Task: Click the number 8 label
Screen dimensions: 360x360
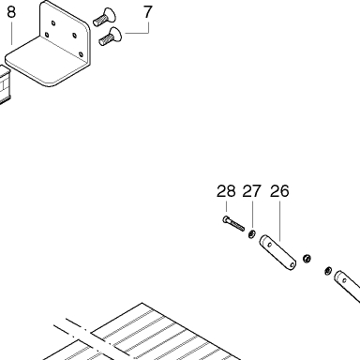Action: [x=11, y=12]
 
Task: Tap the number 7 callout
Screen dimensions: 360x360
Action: [x=147, y=12]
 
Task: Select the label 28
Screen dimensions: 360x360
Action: [x=226, y=191]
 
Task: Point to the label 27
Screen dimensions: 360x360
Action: [x=251, y=191]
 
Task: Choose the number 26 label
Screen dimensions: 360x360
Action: [x=279, y=191]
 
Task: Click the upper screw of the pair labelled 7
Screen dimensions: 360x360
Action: [x=105, y=17]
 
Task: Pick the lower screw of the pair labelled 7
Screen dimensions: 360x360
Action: [x=111, y=37]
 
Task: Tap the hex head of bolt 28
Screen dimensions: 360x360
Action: [x=226, y=219]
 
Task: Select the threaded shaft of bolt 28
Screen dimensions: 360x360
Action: [x=237, y=226]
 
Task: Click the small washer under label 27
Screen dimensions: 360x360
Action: [x=251, y=233]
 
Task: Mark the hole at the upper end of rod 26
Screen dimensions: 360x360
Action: [x=270, y=246]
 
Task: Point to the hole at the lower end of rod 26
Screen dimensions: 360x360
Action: [x=292, y=265]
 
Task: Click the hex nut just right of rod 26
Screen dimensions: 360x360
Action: [x=307, y=259]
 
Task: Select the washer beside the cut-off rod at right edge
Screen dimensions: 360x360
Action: [x=328, y=270]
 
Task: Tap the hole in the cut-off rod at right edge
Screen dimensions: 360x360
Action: [x=344, y=280]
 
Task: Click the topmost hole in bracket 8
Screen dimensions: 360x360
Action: [x=53, y=22]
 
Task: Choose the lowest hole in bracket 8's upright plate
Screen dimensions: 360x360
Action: [x=81, y=54]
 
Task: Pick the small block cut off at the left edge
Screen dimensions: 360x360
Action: [x=5, y=84]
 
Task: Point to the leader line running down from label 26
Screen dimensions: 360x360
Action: [x=280, y=221]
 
